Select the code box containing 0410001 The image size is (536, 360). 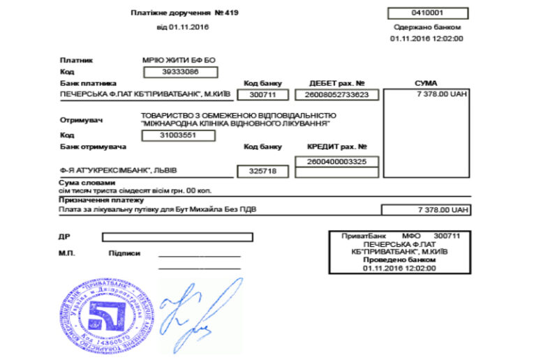click(427, 13)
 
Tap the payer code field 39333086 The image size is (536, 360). click(180, 71)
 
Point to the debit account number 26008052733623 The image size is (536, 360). click(336, 94)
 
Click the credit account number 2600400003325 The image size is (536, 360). click(336, 161)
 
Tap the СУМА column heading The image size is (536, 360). click(426, 83)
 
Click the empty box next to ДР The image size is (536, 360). click(177, 237)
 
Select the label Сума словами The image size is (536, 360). click(82, 182)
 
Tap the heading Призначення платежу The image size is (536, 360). click(94, 200)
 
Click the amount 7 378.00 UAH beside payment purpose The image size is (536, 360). click(426, 209)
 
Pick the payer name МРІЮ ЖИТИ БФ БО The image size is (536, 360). click(172, 60)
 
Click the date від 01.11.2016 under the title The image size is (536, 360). click(184, 27)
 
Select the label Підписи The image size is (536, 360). click(125, 253)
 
